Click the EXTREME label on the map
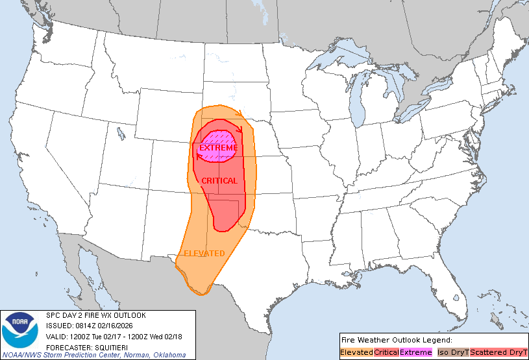(218, 148)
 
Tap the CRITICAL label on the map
(219, 181)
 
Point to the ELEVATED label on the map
(204, 253)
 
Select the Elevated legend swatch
(356, 352)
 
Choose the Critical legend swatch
(386, 352)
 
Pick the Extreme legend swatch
(415, 352)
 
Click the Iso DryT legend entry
(452, 352)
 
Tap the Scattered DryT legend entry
(498, 352)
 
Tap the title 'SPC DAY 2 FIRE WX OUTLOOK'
(96, 315)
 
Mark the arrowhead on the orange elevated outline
(240, 114)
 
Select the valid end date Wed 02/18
(164, 336)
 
